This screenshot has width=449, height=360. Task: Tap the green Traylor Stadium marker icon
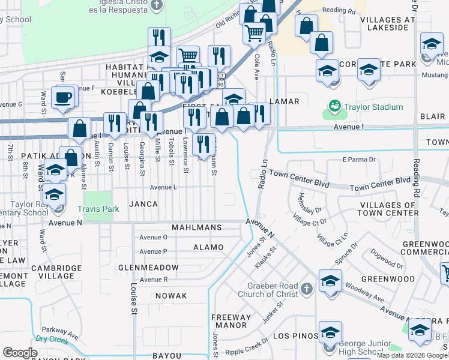pyautogui.click(x=334, y=107)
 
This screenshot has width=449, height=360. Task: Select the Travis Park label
pyautogui.click(x=98, y=209)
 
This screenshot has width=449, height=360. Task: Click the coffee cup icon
pyautogui.click(x=62, y=97)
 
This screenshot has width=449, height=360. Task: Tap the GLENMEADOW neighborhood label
pyautogui.click(x=148, y=267)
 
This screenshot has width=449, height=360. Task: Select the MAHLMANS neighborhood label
pyautogui.click(x=197, y=228)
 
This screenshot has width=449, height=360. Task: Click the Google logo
pyautogui.click(x=20, y=353)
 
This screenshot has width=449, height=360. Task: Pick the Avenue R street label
pyautogui.click(x=153, y=280)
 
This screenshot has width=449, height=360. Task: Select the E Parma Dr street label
pyautogui.click(x=358, y=160)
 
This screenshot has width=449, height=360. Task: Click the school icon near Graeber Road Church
pyautogui.click(x=330, y=282)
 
